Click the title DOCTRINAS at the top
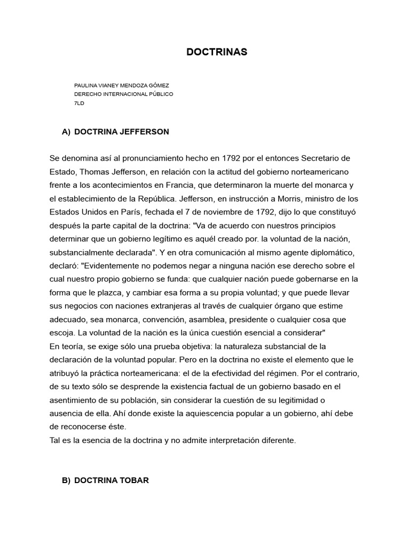coord(217,52)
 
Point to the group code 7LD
coord(79,103)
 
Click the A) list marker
coord(66,131)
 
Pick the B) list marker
coord(66,480)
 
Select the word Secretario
coord(326,158)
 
